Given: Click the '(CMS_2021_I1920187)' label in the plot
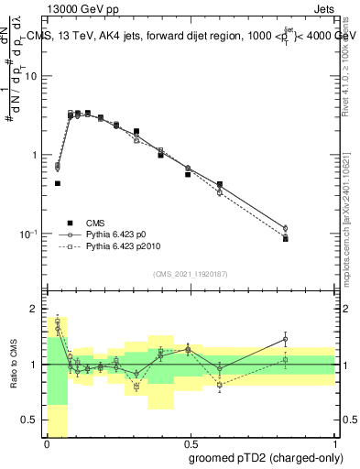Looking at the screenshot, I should click(x=191, y=274).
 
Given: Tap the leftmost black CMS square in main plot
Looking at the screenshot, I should click(x=57, y=183).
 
